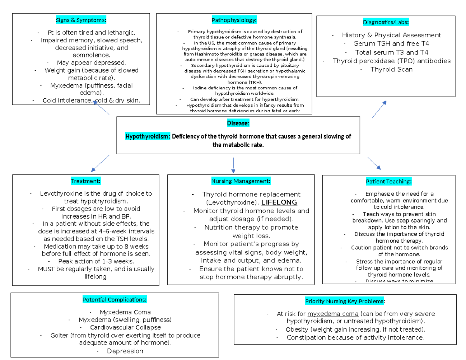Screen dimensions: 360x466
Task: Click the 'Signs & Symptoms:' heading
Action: pyautogui.click(x=81, y=20)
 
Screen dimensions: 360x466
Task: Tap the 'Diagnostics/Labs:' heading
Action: pyautogui.click(x=386, y=22)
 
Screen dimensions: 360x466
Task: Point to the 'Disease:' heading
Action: pyautogui.click(x=238, y=123)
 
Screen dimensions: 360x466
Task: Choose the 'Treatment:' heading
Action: pyautogui.click(x=85, y=181)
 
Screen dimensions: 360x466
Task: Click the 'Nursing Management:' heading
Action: pyautogui.click(x=241, y=181)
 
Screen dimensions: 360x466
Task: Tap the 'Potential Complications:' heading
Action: pyautogui.click(x=114, y=299)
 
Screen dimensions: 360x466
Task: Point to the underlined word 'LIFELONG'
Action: pyautogui.click(x=279, y=202)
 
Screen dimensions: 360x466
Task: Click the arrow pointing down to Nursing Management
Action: pyautogui.click(x=233, y=165)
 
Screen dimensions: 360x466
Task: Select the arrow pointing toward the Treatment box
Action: pyautogui.click(x=100, y=163)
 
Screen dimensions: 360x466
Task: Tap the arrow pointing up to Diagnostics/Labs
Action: pyautogui.click(x=379, y=109)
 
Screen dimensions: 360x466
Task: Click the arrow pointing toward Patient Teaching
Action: pyautogui.click(x=374, y=163)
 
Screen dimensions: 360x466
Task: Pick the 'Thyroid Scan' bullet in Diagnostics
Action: pyautogui.click(x=391, y=70)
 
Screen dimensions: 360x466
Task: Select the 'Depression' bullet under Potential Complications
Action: pyautogui.click(x=125, y=351)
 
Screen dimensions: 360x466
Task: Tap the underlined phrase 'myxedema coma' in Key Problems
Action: pyautogui.click(x=333, y=314)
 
